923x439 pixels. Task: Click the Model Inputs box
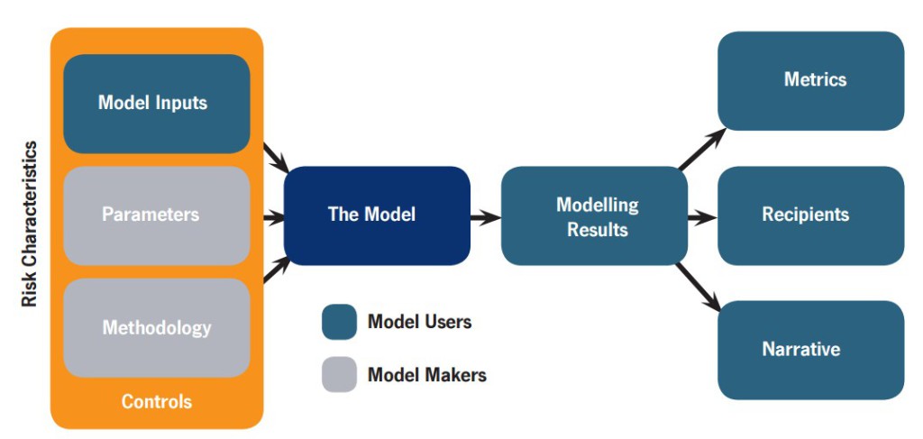click(157, 104)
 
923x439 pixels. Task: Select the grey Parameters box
click(157, 215)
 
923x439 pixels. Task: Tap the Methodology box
click(157, 327)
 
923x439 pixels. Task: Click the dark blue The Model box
click(377, 215)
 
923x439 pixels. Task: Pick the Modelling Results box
click(595, 215)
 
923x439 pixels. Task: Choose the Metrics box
click(811, 80)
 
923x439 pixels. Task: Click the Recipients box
click(811, 215)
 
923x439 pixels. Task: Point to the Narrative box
click(811, 350)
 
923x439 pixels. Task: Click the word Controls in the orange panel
click(157, 401)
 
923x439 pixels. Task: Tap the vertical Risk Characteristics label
click(30, 224)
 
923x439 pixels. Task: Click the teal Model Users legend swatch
click(339, 322)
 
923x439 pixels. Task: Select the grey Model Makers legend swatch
click(339, 374)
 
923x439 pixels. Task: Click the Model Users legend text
click(420, 322)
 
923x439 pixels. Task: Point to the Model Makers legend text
click(427, 374)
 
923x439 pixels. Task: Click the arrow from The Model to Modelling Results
click(486, 218)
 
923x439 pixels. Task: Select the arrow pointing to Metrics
click(702, 149)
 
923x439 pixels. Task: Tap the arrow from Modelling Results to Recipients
click(702, 218)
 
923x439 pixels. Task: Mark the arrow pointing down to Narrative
click(699, 287)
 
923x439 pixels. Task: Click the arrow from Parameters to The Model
click(274, 218)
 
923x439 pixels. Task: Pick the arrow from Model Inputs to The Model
click(276, 158)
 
